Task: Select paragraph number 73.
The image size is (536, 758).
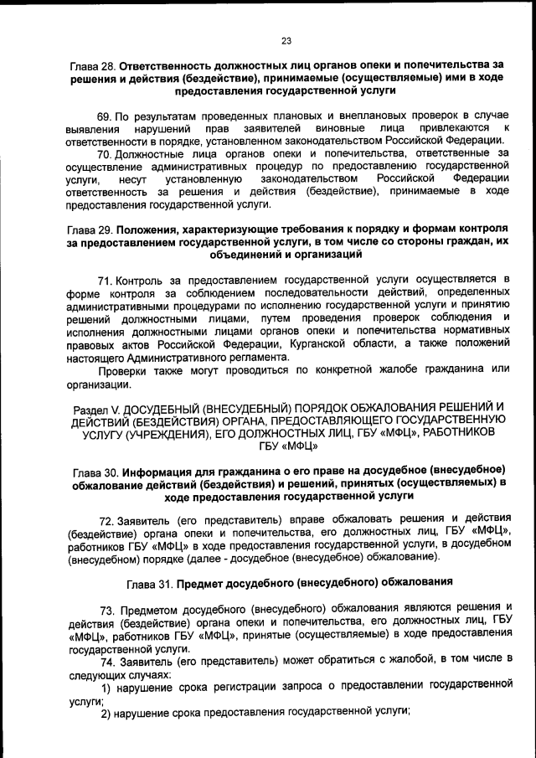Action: [106, 608]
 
